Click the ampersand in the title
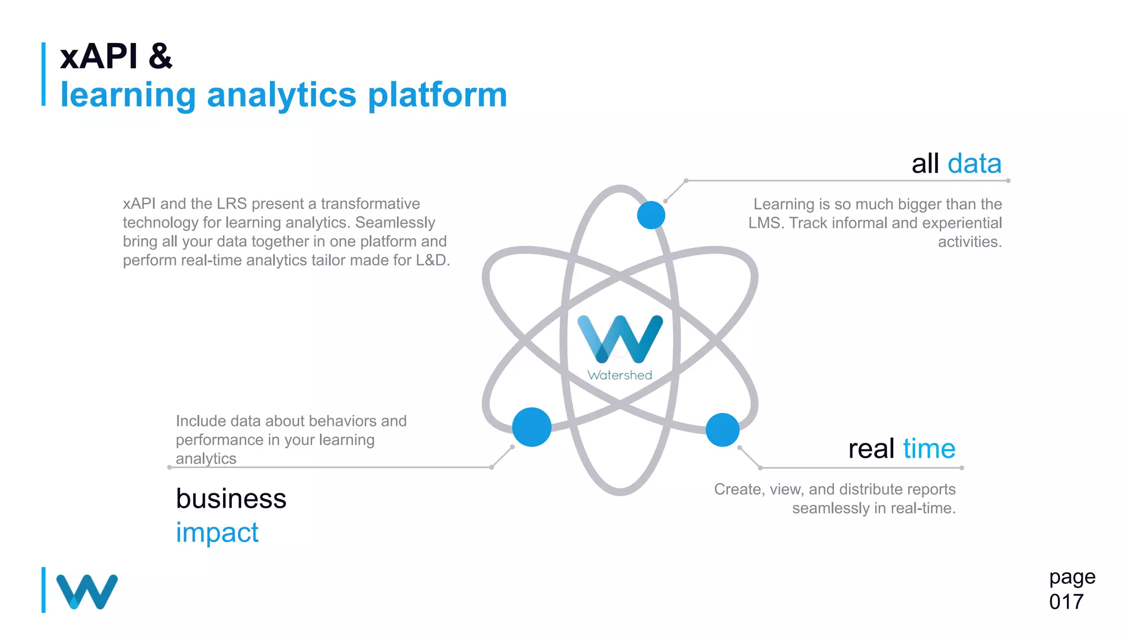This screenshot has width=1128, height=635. [160, 56]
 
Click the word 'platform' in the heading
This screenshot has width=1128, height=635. [437, 95]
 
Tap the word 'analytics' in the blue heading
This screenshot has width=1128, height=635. [281, 95]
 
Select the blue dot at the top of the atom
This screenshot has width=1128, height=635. [651, 215]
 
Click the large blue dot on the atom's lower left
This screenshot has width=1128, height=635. [532, 427]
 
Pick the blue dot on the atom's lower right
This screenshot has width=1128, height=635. [722, 429]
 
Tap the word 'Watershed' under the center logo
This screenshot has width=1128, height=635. [620, 375]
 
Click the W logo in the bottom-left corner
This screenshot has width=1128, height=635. [87, 591]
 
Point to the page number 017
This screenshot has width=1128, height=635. [1066, 602]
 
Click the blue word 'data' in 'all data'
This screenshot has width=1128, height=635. [974, 164]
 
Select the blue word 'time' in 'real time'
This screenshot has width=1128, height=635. [929, 449]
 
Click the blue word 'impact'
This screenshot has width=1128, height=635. [217, 532]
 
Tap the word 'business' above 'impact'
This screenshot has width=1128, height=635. [231, 499]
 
